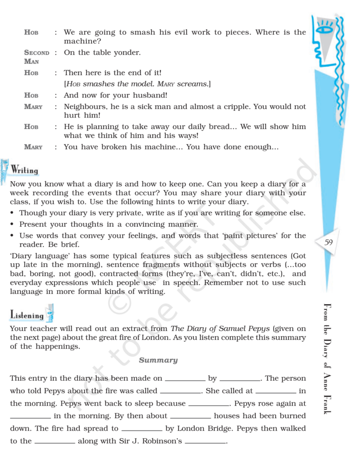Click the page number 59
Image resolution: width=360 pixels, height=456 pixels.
(329, 243)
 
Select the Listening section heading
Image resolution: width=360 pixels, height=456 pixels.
(27, 315)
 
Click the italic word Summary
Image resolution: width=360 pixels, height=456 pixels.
(158, 360)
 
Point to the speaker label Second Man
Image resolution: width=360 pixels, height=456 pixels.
(37, 57)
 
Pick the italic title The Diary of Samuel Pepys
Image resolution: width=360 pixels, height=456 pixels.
(221, 329)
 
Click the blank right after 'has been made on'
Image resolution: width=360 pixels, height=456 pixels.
(185, 379)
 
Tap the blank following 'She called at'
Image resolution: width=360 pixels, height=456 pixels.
(276, 392)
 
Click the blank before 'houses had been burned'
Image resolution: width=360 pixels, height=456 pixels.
(190, 417)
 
